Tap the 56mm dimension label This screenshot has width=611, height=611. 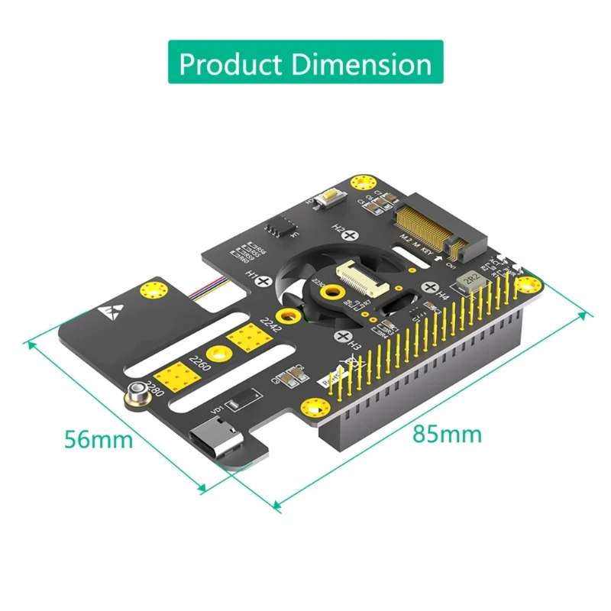point(98,439)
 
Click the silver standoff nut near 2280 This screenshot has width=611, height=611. point(138,393)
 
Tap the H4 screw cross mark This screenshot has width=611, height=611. point(430,289)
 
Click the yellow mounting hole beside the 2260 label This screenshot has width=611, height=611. point(220,352)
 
